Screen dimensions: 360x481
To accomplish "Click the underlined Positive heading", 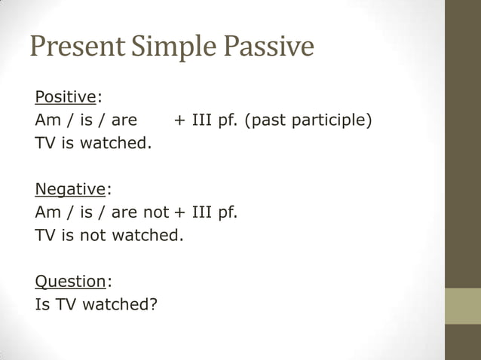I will tap(66, 97).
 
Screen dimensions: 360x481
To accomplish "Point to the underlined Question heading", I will tap(70, 282).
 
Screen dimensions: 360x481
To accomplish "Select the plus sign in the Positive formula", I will tap(179, 121).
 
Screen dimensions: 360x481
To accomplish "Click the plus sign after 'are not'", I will tap(179, 212).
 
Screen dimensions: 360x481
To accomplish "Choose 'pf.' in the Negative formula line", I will tap(227, 212).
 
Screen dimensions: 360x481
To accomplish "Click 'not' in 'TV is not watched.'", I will tap(93, 235).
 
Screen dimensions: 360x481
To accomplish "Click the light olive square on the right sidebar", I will tap(462, 306).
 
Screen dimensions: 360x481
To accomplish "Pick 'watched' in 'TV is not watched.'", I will tap(147, 235).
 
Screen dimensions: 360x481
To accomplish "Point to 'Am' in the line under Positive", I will tap(47, 121).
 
